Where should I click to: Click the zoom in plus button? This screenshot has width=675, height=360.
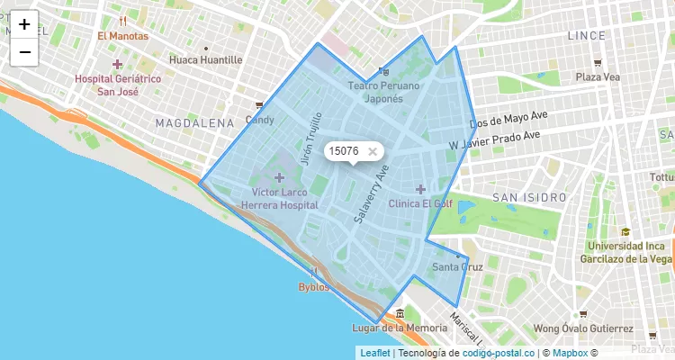(24, 24)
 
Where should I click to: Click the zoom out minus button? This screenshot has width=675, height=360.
(24, 52)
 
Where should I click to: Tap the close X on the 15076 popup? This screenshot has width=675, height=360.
(373, 151)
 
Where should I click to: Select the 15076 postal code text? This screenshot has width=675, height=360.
(344, 151)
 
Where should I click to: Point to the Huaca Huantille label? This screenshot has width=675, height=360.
(205, 59)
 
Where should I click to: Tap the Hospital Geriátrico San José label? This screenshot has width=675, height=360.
(118, 85)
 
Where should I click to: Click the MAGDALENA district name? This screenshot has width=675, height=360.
(195, 122)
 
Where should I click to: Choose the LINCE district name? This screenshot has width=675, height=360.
(593, 35)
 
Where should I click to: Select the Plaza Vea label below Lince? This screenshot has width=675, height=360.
(598, 76)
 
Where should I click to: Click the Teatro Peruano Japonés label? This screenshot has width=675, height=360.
(384, 92)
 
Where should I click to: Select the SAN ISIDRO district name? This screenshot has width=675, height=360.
(529, 197)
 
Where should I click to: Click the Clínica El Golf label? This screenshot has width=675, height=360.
(419, 202)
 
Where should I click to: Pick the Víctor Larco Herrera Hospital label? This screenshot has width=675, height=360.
(279, 199)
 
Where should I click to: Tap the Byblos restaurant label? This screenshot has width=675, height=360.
(314, 287)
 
